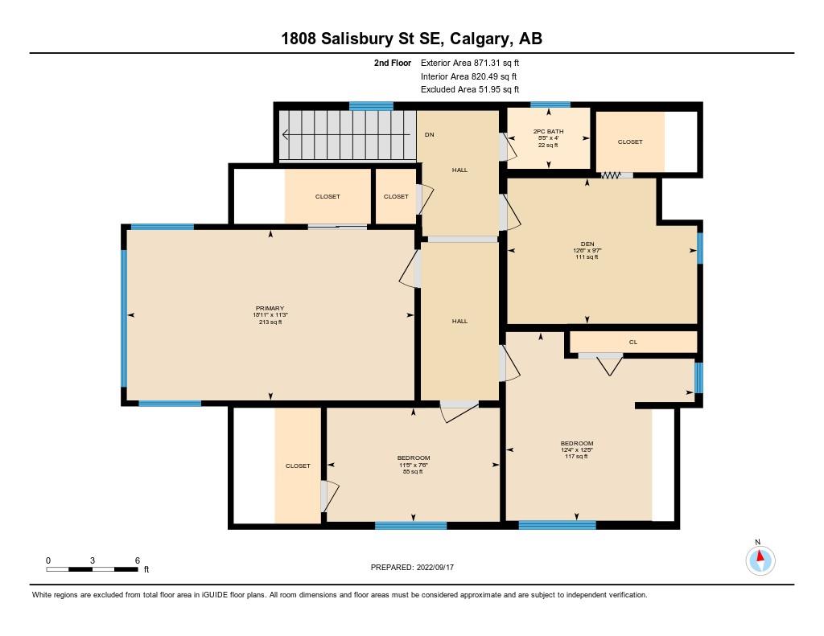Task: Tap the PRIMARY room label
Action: click(x=270, y=309)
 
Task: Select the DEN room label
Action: click(x=587, y=244)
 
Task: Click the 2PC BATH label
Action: click(x=548, y=131)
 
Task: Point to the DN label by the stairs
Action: click(x=429, y=134)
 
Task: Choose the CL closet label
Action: click(x=633, y=342)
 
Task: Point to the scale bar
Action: click(x=92, y=569)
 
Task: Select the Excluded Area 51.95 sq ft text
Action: click(x=470, y=89)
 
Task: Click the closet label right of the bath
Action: click(x=630, y=142)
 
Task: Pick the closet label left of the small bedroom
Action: click(x=298, y=466)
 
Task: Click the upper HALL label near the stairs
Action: click(x=459, y=170)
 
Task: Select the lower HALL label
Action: click(x=459, y=321)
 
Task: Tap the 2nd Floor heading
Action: click(x=392, y=63)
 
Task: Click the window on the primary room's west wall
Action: click(x=124, y=318)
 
